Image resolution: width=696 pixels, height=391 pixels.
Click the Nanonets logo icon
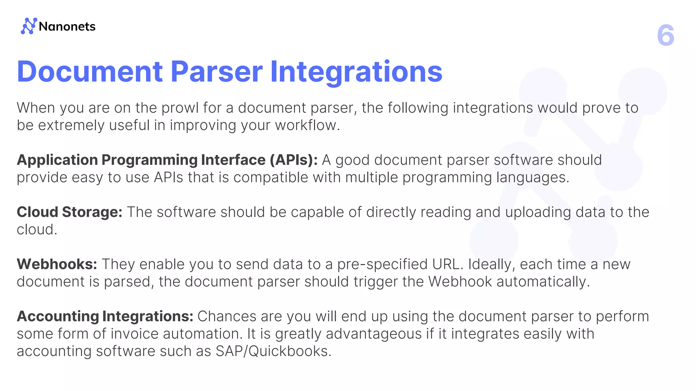tap(29, 26)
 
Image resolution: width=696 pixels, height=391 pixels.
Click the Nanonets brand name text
tap(67, 26)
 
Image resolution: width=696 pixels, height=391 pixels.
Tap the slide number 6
tap(665, 35)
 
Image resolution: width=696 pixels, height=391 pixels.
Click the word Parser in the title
tap(216, 72)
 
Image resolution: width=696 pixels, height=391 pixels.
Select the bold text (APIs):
tap(294, 160)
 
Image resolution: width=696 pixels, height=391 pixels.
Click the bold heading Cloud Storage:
tap(69, 212)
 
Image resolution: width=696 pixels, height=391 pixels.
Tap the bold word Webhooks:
tap(57, 264)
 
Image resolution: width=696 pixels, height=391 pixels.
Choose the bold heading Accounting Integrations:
tap(105, 316)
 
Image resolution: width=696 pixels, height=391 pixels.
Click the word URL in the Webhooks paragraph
tap(447, 264)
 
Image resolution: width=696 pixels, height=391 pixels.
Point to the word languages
tap(531, 178)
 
